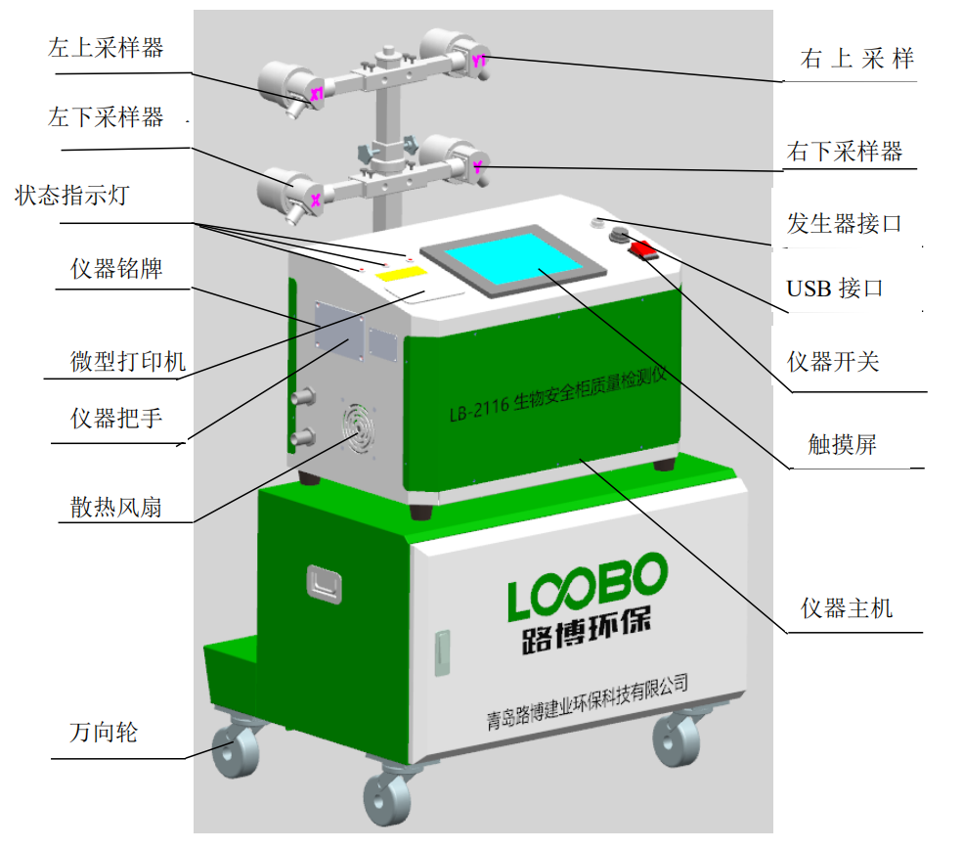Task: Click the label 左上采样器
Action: tap(106, 49)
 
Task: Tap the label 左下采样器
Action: tap(106, 118)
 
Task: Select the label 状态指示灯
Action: tap(71, 195)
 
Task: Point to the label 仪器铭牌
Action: tap(116, 269)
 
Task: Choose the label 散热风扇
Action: tap(115, 507)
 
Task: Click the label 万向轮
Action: tap(103, 732)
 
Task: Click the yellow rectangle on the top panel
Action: tap(401, 275)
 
